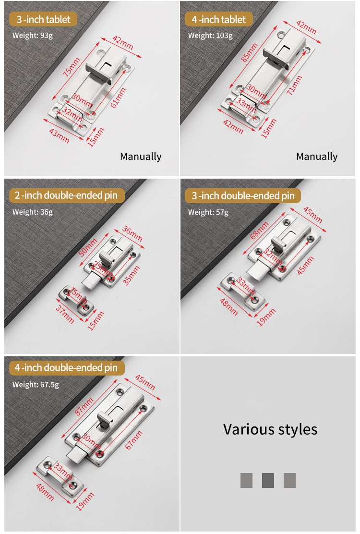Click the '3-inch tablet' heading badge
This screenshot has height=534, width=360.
click(x=43, y=19)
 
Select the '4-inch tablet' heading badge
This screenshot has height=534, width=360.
click(x=218, y=19)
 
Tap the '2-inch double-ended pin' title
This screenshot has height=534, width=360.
click(x=67, y=195)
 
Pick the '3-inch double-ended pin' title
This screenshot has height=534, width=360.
click(x=243, y=195)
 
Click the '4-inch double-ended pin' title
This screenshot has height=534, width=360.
click(x=67, y=368)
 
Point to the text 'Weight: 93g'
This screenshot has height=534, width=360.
click(x=32, y=36)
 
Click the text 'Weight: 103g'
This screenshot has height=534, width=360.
click(x=210, y=36)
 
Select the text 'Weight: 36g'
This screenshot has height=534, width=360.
click(x=32, y=212)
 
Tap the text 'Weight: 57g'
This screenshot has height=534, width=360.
click(x=208, y=212)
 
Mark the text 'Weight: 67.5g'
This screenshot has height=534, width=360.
click(x=36, y=385)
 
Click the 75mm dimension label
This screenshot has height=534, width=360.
click(x=72, y=66)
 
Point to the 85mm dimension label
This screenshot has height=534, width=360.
click(x=250, y=52)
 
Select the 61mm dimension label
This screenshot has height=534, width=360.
click(x=119, y=98)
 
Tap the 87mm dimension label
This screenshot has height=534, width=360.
click(x=84, y=407)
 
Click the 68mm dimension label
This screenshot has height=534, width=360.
click(x=259, y=230)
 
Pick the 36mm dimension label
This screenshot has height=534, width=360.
click(x=132, y=233)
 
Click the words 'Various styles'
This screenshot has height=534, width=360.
click(x=270, y=429)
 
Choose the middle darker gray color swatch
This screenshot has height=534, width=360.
click(x=268, y=480)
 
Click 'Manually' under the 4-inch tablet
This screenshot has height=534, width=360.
click(x=317, y=157)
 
